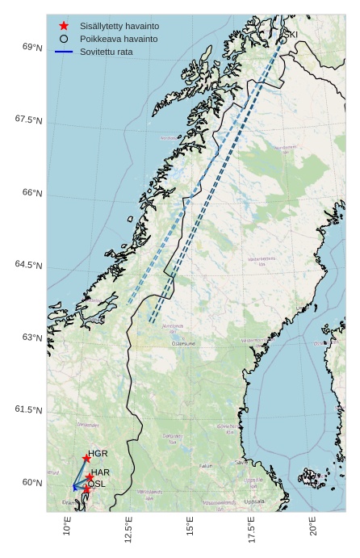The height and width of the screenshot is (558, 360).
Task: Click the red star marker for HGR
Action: pos(86,459)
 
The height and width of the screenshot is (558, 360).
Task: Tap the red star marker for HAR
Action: pos(89,478)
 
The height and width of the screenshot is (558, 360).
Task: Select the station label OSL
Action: pos(96,484)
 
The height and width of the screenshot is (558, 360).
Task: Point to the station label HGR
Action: pos(98,454)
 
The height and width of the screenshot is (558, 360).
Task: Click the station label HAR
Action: pos(100,472)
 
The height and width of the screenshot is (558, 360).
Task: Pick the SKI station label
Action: pos(291,33)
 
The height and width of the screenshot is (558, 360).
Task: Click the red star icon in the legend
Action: pos(64,26)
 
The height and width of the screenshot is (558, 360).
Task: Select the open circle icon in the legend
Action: pos(64,39)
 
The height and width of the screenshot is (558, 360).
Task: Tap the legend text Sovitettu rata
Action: pos(106,52)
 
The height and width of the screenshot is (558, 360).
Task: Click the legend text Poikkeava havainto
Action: pos(119,39)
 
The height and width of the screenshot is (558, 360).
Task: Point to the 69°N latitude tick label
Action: pos(32,48)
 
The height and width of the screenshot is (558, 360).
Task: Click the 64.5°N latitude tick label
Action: pos(28,266)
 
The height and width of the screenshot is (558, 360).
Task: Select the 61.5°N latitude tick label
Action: pos(28,410)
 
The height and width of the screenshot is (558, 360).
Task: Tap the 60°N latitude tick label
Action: pos(32,483)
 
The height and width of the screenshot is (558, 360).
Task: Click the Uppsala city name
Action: pos(254,501)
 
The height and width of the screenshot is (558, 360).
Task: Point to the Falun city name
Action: pos(206,466)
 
